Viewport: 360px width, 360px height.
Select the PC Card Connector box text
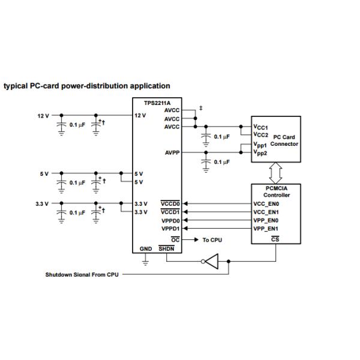coord(284,140)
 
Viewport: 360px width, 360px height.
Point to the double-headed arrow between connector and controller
coord(275,173)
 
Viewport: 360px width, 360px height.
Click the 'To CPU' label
coord(213,239)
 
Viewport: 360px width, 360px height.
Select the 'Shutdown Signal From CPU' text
coord(82,275)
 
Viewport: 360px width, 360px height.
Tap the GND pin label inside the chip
coord(146,248)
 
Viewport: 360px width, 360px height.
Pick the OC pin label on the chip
coord(176,239)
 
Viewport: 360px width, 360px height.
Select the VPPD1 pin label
coord(170,229)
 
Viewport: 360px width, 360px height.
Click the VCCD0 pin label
coord(170,203)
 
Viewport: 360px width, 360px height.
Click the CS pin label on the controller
coord(275,239)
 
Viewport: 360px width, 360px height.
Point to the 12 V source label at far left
coord(43,115)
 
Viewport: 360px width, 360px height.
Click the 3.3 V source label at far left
coord(42,203)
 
